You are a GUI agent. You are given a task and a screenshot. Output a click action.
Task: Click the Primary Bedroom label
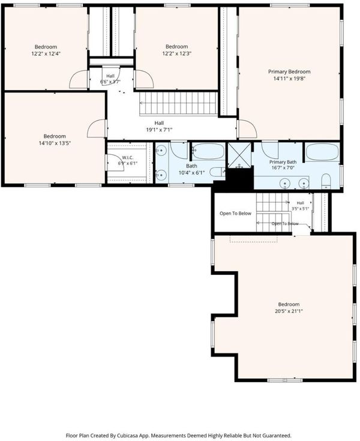pyautogui.click(x=289, y=72)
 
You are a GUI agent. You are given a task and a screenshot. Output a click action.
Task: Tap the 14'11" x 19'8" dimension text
pyautogui.click(x=289, y=79)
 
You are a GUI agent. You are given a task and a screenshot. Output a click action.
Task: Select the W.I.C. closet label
pyautogui.click(x=127, y=157)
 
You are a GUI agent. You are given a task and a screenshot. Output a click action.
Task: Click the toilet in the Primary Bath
pyautogui.click(x=326, y=181)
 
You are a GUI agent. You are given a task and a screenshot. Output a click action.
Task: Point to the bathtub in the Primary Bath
pyautogui.click(x=322, y=152)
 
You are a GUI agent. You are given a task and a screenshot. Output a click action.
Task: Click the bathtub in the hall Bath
pyautogui.click(x=208, y=151)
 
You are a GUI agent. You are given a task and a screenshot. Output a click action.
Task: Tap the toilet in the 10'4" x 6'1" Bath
pyautogui.click(x=217, y=172)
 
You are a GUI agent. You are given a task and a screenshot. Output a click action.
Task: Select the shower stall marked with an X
pyautogui.click(x=239, y=155)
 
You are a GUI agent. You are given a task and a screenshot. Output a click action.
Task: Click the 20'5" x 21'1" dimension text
pyautogui.click(x=289, y=311)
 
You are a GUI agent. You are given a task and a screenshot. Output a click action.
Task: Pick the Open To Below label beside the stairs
pyautogui.click(x=235, y=214)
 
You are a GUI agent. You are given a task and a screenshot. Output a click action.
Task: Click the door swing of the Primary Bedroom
pyautogui.click(x=248, y=129)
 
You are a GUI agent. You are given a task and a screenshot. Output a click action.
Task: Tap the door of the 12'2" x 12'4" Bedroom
pyautogui.click(x=79, y=80)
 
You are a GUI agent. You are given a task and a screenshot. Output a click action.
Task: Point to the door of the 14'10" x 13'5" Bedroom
pyautogui.click(x=97, y=128)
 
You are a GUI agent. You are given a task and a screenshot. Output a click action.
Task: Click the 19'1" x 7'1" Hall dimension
pyautogui.click(x=159, y=130)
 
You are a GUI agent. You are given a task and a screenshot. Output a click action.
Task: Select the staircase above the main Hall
pyautogui.click(x=179, y=103)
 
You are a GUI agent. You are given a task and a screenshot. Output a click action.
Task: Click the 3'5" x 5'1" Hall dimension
pyautogui.click(x=301, y=209)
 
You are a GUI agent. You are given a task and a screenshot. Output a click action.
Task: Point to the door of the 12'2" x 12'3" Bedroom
pyautogui.click(x=144, y=79)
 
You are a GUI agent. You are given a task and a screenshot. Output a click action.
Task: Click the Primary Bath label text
pyautogui.click(x=283, y=162)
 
